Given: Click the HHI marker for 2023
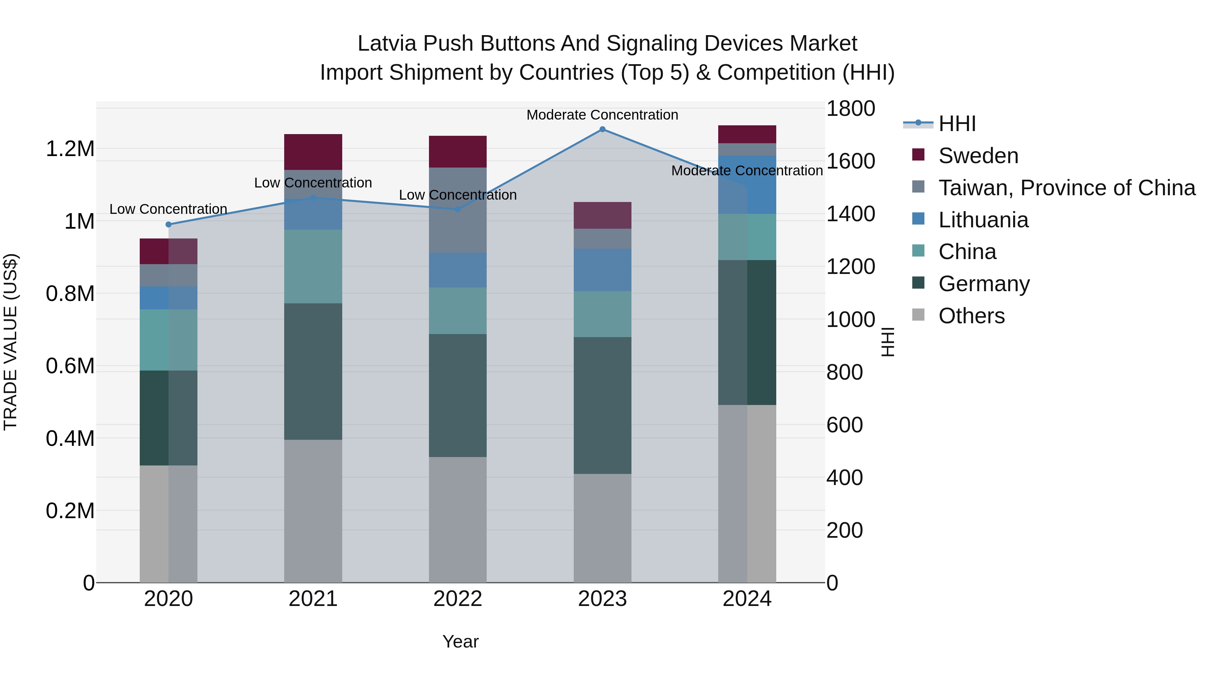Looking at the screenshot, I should coord(602,129).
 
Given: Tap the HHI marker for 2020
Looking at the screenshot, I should coord(168,225).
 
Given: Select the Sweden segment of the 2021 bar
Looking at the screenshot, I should coord(313,152).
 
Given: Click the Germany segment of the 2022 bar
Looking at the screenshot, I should coord(458,396).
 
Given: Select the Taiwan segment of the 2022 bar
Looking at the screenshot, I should coord(458,210).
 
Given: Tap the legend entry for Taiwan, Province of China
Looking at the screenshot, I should coord(1066,188).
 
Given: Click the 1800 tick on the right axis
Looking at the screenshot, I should coord(850,108).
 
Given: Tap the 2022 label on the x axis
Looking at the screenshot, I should coord(458,599).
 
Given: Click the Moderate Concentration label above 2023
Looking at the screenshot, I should coord(602,115).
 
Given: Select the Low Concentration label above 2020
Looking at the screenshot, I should coord(168,209).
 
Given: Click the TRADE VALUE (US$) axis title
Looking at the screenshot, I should coord(10,342).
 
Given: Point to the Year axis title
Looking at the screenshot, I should coord(460,641).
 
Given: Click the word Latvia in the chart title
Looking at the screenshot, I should coord(387,44).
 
